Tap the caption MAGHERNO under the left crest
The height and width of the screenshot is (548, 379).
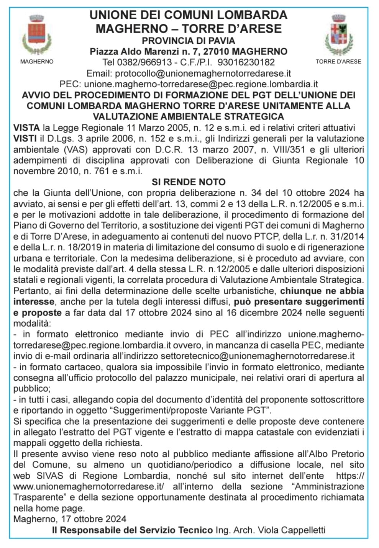37,62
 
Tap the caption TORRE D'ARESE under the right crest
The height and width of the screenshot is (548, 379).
338,62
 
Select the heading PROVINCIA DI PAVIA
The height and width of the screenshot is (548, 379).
189,40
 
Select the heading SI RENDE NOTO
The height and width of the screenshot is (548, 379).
189,182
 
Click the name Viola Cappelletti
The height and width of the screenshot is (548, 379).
291,530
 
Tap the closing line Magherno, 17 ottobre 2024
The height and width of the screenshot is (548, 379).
70,519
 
